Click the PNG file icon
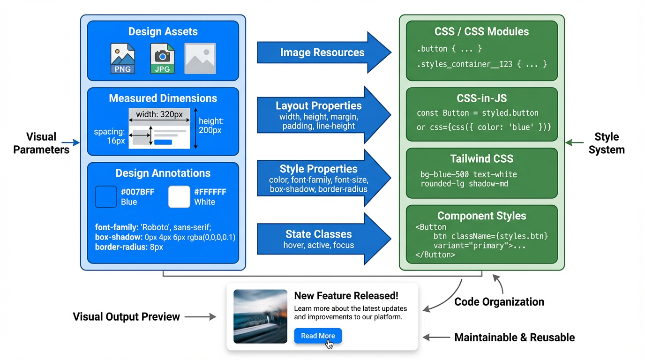click(x=123, y=58)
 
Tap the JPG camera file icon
click(x=162, y=58)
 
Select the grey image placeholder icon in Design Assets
click(x=200, y=59)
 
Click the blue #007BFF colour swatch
click(x=106, y=197)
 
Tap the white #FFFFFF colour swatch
click(x=179, y=197)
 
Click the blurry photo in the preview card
click(x=260, y=316)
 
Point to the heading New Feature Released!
click(x=346, y=296)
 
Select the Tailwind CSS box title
click(x=481, y=158)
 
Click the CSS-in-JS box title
click(x=481, y=98)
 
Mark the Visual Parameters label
click(x=41, y=143)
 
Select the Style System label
click(x=607, y=143)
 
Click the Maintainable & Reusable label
click(x=514, y=337)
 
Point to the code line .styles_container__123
click(x=481, y=64)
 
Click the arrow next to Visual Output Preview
click(x=200, y=317)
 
